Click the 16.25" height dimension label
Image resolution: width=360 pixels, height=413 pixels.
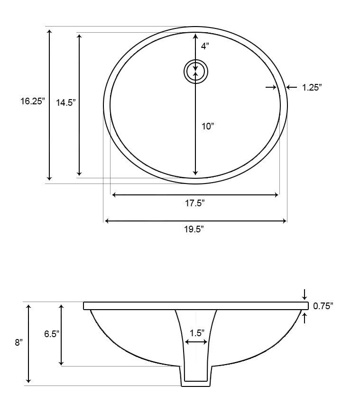click(x=32, y=101)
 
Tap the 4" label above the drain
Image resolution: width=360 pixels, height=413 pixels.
click(x=204, y=46)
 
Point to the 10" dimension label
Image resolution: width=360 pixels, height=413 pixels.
click(x=208, y=126)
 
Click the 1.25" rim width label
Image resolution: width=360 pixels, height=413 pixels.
click(x=312, y=87)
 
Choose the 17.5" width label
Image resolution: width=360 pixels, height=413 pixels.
click(x=194, y=203)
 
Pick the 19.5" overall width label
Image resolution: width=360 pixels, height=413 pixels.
click(x=194, y=229)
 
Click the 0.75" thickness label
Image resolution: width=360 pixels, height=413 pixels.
click(x=323, y=306)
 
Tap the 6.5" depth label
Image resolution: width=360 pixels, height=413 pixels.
click(x=51, y=334)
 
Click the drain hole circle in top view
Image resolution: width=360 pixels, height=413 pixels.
click(x=196, y=72)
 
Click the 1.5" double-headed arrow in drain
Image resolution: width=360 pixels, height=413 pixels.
click(x=196, y=342)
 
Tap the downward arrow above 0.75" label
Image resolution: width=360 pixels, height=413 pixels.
click(x=304, y=294)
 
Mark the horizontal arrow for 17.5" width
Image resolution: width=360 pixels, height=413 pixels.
click(x=195, y=195)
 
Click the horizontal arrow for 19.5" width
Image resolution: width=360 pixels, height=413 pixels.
click(x=195, y=221)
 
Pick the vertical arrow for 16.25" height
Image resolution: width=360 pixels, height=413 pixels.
click(x=49, y=105)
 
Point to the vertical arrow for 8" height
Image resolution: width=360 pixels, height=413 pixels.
click(x=29, y=344)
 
